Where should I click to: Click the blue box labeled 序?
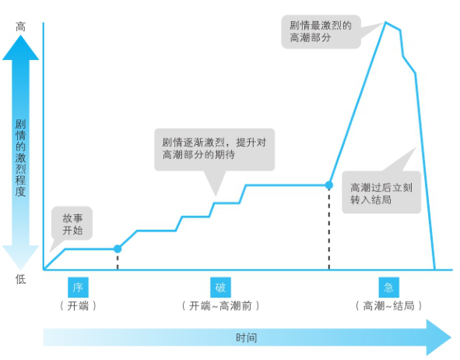click(x=78, y=288)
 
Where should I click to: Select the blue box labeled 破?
click(x=220, y=288)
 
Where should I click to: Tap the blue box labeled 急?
click(x=388, y=288)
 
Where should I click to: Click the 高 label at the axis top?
click(x=20, y=27)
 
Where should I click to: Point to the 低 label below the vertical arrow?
click(x=20, y=279)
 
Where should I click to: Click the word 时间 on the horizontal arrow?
click(x=247, y=337)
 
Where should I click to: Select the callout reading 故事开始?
click(x=72, y=223)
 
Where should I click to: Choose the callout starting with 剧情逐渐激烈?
click(x=215, y=150)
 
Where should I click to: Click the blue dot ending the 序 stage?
click(x=118, y=249)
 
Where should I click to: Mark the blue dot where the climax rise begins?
click(x=329, y=185)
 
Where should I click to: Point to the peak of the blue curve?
click(x=385, y=22)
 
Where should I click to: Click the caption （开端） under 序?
click(x=78, y=306)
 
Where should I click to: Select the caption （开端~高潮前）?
click(x=220, y=306)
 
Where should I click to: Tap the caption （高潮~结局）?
click(x=388, y=306)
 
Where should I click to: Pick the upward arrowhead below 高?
click(x=20, y=48)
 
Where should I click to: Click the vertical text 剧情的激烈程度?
click(x=20, y=157)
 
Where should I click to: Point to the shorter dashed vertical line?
click(x=118, y=261)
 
